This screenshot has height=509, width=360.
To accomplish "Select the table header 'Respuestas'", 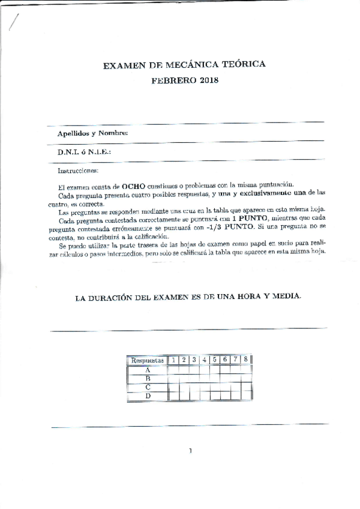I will point(147,360).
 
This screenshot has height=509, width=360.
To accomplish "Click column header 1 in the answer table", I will point(173,360).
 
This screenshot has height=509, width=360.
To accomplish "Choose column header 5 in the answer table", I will point(214,360).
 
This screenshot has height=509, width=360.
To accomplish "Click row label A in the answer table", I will point(148,370).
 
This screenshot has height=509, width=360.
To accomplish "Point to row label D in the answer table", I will point(148,396).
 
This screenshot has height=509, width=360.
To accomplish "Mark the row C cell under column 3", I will point(194,387).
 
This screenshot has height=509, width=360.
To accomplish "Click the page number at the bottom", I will point(190,451).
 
